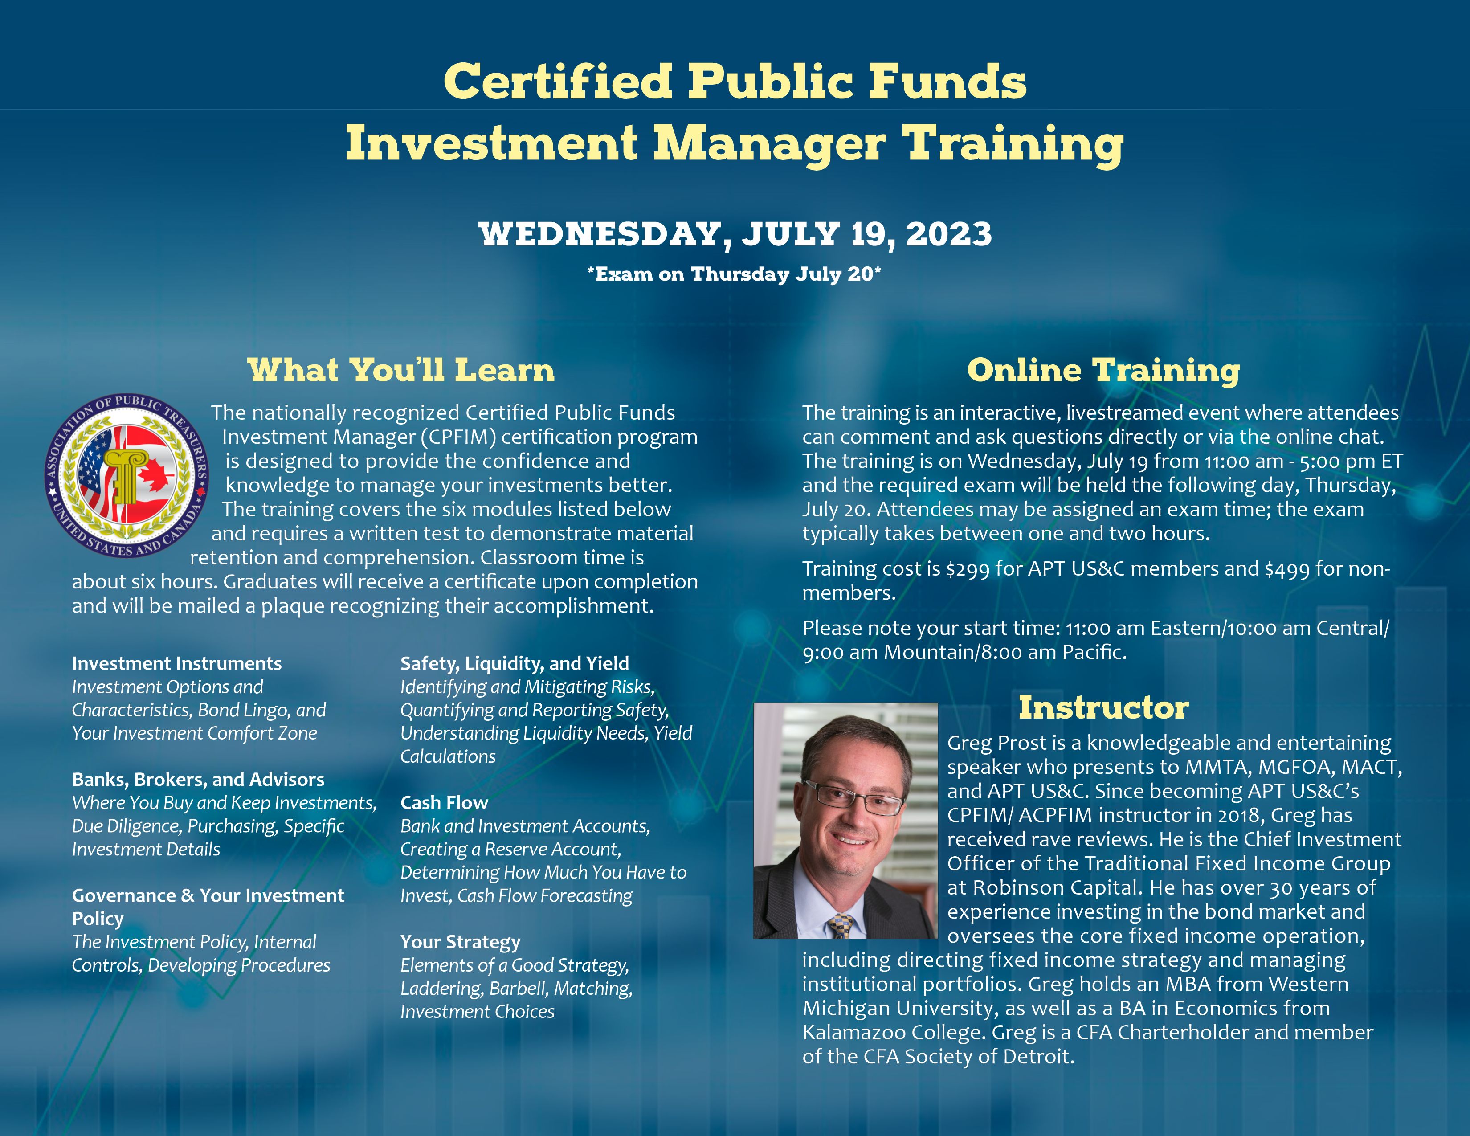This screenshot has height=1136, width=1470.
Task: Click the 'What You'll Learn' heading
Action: [401, 370]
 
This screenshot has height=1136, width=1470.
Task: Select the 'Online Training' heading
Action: [1103, 371]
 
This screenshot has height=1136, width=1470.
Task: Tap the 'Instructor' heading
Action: [1104, 707]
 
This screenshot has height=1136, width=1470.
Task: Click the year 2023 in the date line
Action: [948, 234]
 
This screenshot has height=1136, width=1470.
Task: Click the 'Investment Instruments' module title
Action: [176, 664]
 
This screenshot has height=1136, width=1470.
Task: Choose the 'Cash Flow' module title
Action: [444, 802]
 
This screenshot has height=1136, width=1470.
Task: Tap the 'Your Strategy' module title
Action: [461, 942]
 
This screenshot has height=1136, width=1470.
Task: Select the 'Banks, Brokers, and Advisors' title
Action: [198, 779]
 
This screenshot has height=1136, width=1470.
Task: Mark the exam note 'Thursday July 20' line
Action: [734, 274]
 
